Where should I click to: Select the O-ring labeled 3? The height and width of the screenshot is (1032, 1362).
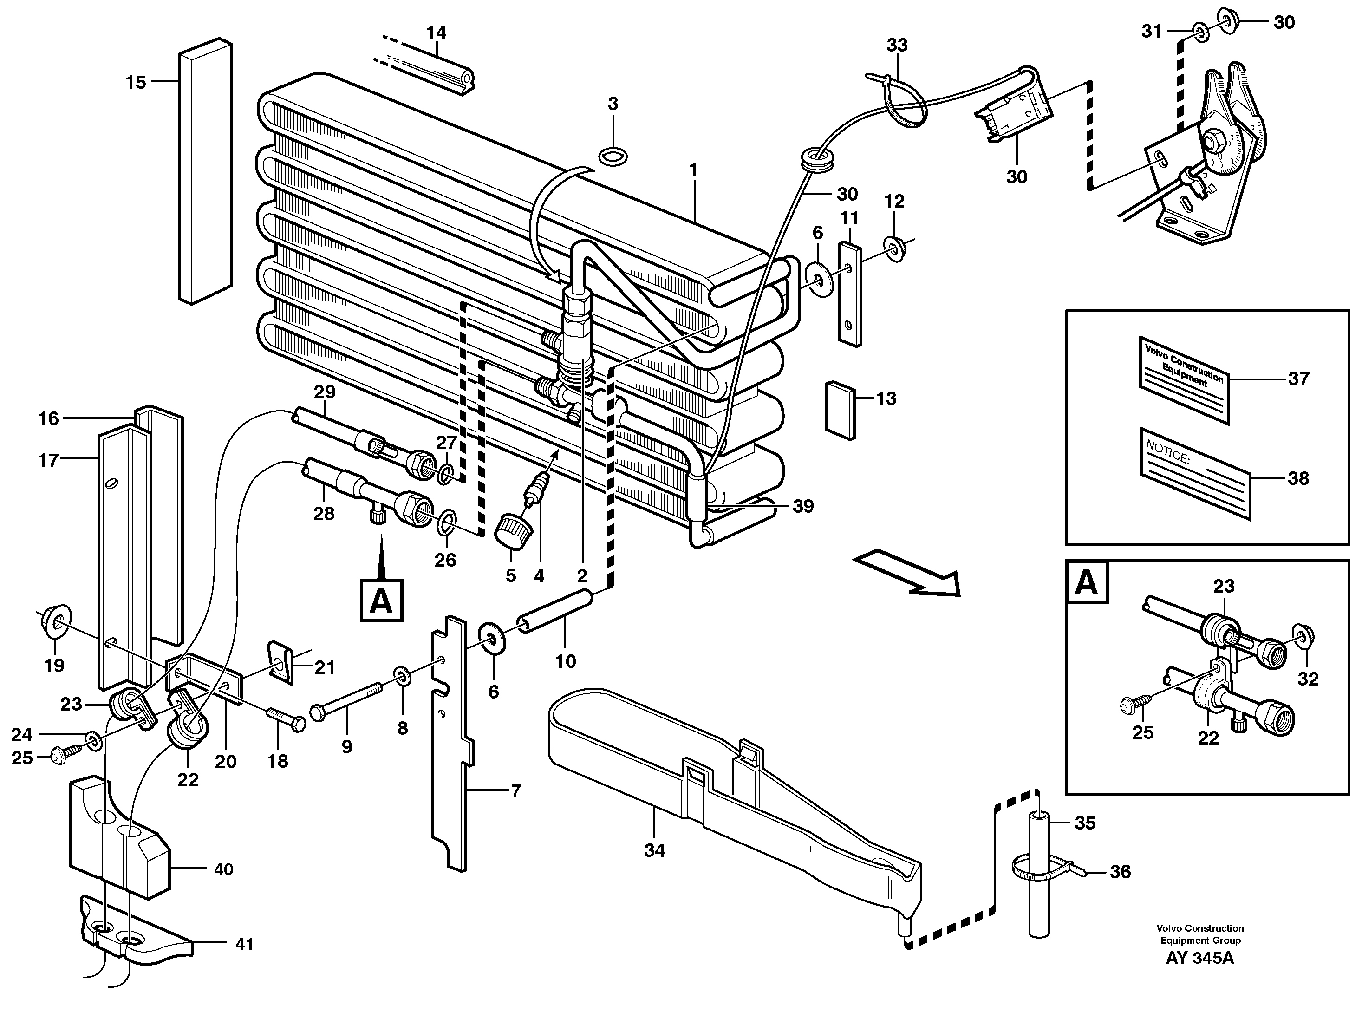coord(613,157)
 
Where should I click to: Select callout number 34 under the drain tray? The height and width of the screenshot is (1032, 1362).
coord(654,850)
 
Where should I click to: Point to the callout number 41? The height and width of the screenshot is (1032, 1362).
coord(244,944)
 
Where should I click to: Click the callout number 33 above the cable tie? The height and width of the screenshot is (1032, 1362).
coord(897,45)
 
